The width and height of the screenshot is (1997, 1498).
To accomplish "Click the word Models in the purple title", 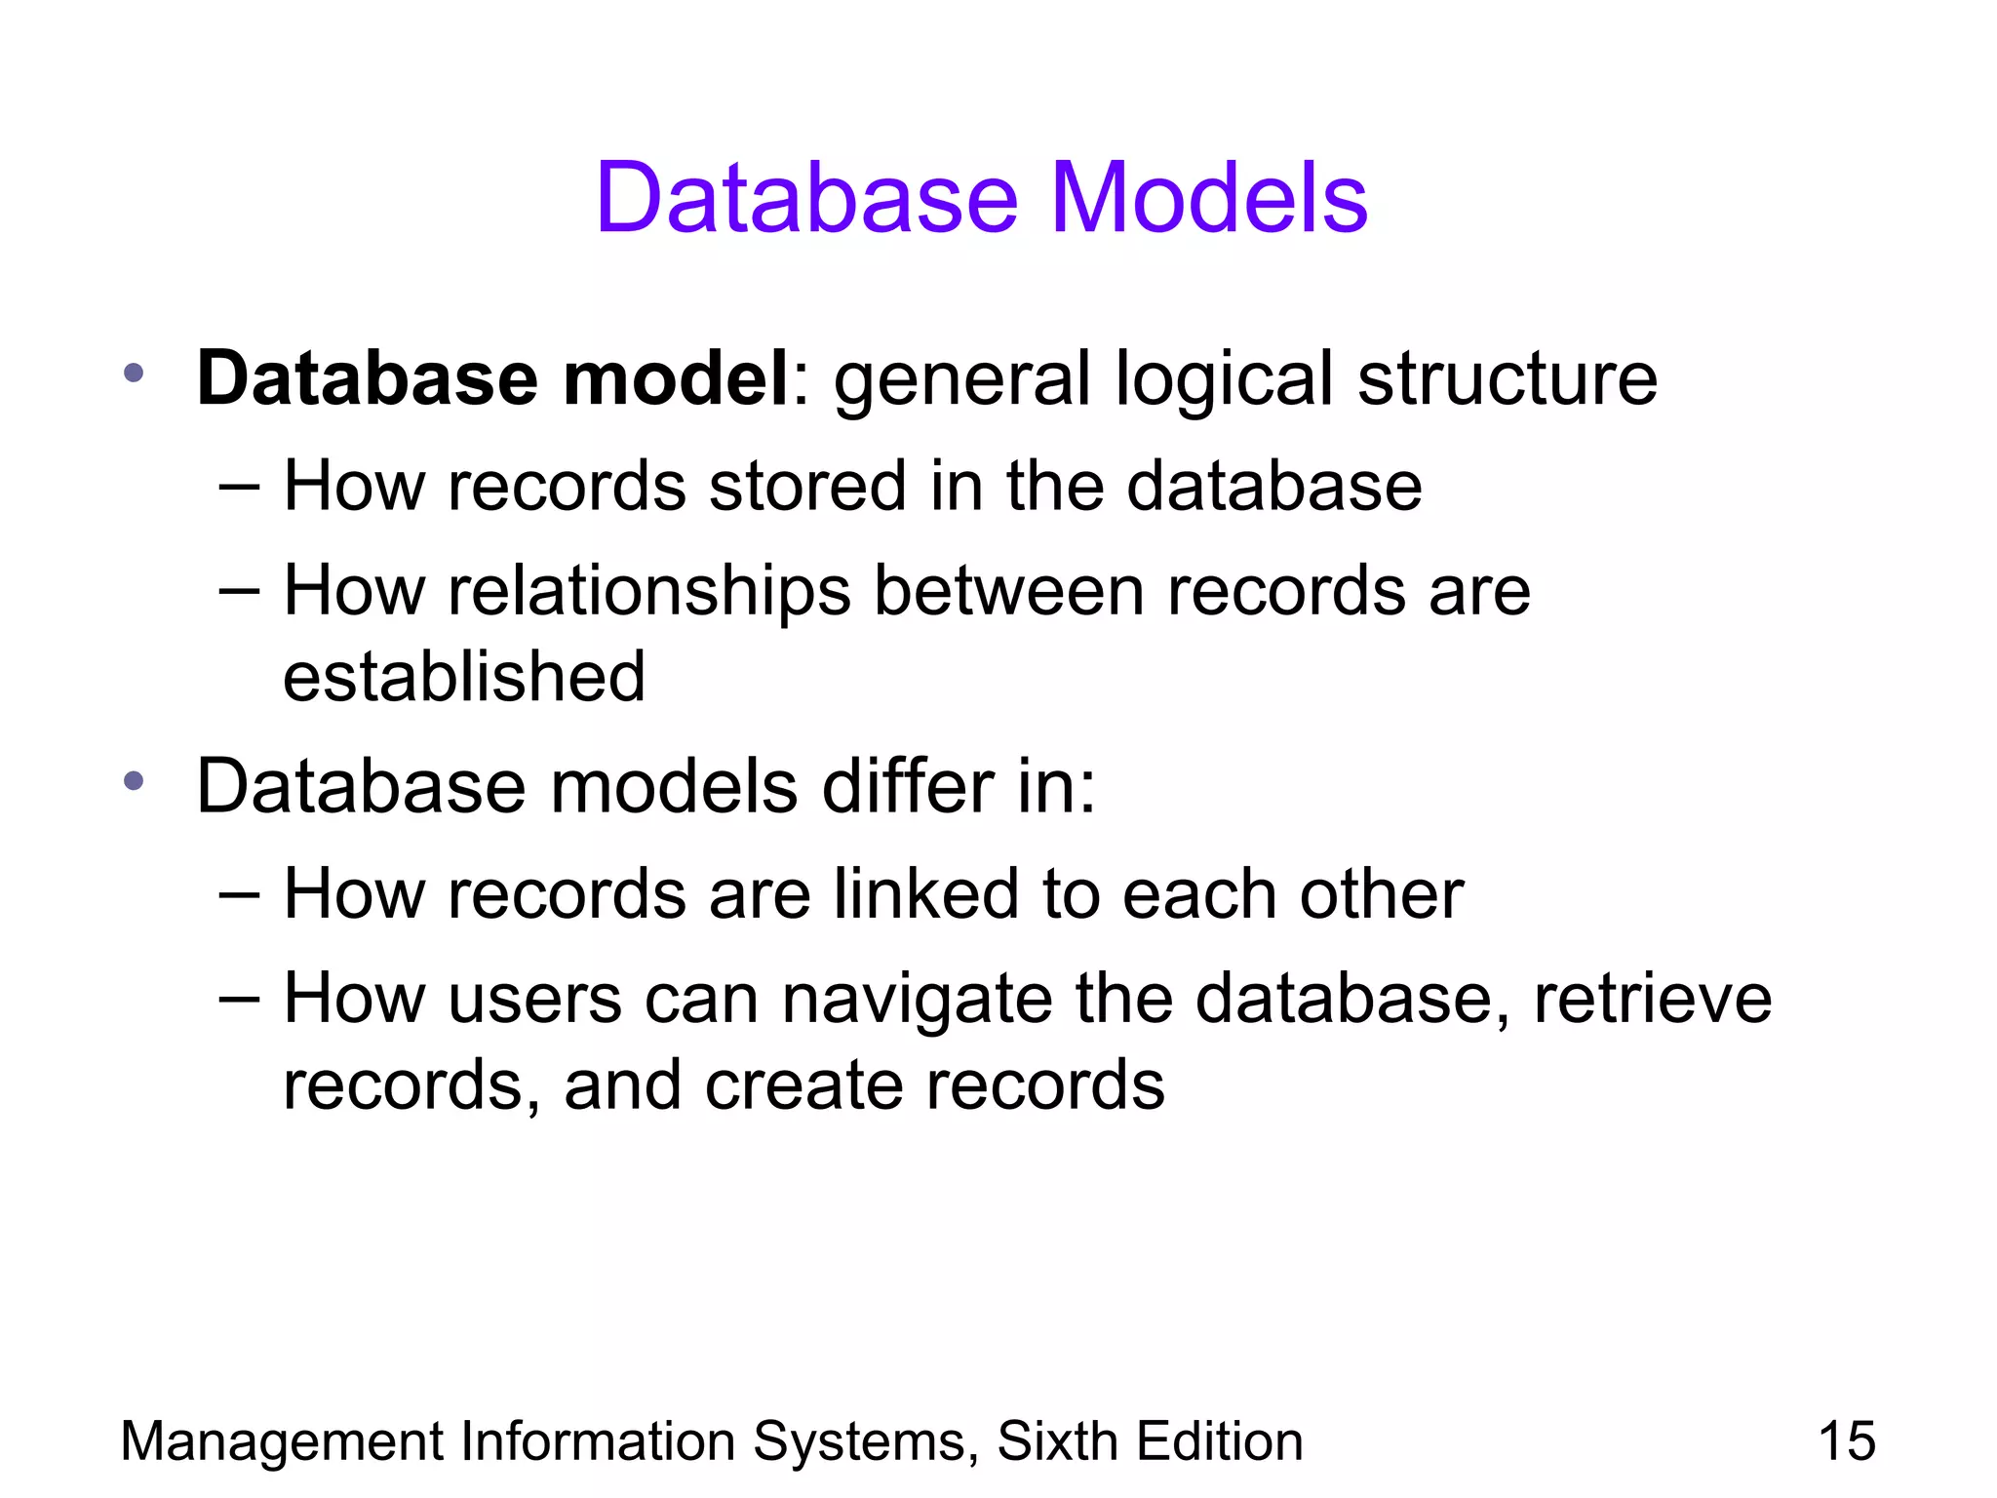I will coord(1208,198).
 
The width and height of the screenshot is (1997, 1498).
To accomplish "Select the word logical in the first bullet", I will coord(1224,380).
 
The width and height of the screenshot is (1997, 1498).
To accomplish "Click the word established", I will coord(464,677).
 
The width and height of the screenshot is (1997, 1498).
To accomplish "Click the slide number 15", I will coord(1846,1441).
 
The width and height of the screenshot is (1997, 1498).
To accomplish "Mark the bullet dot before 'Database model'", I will coord(135,373).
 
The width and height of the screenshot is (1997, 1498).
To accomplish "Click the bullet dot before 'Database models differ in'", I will coord(135,780).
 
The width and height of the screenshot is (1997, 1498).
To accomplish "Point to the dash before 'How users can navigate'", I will coord(239,999).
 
